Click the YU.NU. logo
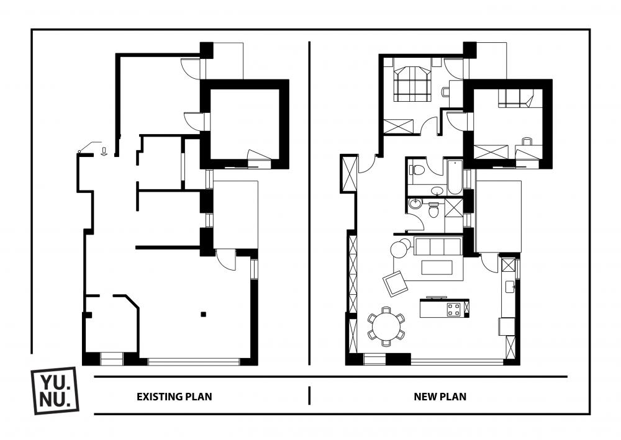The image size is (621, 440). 55,390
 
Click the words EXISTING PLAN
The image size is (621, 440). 175,397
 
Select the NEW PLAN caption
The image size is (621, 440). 440,397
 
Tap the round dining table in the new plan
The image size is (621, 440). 386,326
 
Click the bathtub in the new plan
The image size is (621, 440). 455,176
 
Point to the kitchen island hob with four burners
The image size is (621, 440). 454,309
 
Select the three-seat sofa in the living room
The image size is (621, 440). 438,246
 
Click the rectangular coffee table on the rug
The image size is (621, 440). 437,267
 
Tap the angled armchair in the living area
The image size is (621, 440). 395,284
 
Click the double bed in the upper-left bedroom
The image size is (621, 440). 412,84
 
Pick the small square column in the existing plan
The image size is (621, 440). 203,315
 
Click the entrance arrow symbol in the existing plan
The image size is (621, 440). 104,151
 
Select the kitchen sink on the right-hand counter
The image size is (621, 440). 510,287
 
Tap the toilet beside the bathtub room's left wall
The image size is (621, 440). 417,170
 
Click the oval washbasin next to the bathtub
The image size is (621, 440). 437,191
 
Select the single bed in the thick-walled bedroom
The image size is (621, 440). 515,98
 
